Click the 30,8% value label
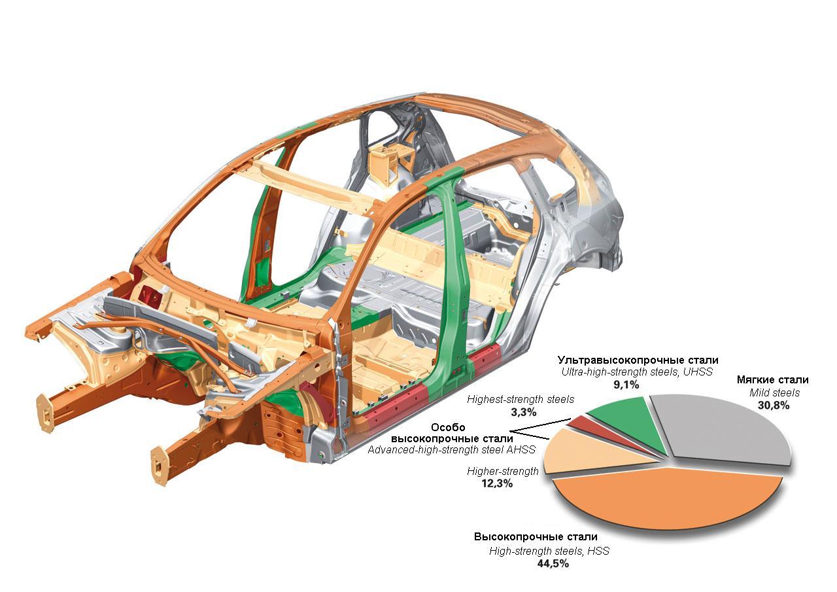tap(774, 405)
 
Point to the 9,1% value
tap(626, 385)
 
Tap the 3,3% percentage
tap(524, 412)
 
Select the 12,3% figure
tap(497, 483)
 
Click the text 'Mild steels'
tap(774, 392)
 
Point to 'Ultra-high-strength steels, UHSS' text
tap(637, 372)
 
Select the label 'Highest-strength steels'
tap(521, 400)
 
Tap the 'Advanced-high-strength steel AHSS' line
tap(451, 450)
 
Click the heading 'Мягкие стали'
tap(773, 379)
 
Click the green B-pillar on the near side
tap(458, 281)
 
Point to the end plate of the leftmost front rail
tap(45, 413)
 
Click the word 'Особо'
tap(448, 427)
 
